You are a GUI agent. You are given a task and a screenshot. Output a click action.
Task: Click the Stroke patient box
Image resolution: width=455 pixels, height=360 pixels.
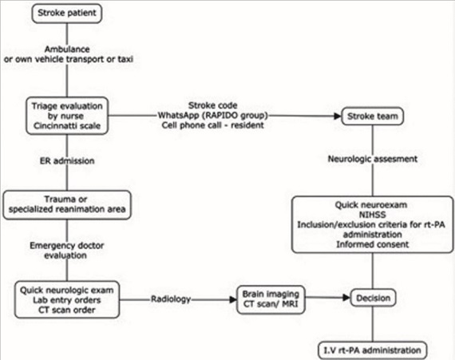pos(67,14)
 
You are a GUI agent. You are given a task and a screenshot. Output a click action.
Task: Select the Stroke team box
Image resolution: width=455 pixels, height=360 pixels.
pos(373,117)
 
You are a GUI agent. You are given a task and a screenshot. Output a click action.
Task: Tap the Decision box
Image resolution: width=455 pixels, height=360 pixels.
pos(373,298)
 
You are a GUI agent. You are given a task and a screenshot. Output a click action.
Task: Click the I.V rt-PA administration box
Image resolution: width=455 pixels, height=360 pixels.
pos(373,350)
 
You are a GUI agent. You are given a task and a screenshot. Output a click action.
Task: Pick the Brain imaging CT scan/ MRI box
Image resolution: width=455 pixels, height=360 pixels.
pos(271,299)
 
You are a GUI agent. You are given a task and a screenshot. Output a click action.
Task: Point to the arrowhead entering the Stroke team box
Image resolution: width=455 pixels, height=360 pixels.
pos(338,116)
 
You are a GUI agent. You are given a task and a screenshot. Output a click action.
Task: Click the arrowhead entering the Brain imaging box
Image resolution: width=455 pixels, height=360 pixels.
pos(233,299)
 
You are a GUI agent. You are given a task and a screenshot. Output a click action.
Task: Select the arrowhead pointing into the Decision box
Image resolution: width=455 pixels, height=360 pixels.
pos(346,298)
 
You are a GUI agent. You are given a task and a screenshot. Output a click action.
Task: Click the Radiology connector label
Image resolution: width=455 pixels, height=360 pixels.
pos(171,299)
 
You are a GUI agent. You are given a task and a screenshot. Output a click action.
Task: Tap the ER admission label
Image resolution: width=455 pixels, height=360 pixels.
pos(67,160)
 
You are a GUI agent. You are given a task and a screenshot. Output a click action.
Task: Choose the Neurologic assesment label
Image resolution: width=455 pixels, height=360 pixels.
pos(373,159)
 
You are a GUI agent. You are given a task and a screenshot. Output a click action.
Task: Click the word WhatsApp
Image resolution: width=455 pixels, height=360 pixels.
pos(179,116)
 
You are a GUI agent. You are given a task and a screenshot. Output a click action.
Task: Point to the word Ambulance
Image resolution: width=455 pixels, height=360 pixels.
pos(67,49)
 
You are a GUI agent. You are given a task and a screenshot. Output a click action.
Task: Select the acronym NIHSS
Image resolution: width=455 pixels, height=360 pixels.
pos(372,215)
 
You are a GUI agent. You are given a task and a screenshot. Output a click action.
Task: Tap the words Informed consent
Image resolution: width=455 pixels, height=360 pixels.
pos(372,244)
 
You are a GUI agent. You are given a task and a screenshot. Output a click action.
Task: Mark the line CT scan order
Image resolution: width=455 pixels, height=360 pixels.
pos(67,310)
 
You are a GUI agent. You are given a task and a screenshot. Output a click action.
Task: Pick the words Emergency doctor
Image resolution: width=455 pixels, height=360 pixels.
pos(67,245)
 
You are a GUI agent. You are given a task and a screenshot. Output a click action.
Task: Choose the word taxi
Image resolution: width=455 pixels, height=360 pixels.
pos(125,59)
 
